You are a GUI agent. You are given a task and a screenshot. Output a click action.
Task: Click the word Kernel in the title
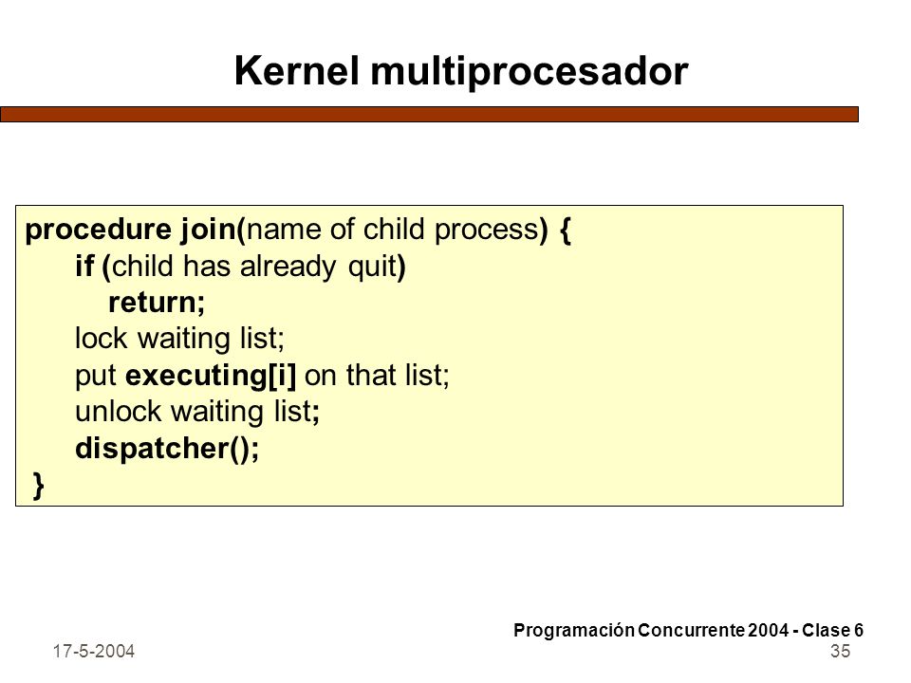pyautogui.click(x=296, y=71)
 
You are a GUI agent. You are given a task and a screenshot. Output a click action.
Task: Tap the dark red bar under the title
pyautogui.click(x=429, y=115)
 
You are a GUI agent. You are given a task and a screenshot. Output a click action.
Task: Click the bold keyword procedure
pyautogui.click(x=98, y=231)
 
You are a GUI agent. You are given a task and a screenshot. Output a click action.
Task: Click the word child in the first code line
pyautogui.click(x=393, y=229)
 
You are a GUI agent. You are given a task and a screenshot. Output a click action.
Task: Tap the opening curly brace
pyautogui.click(x=566, y=231)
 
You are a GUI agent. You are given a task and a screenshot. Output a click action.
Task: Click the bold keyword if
pyautogui.click(x=84, y=266)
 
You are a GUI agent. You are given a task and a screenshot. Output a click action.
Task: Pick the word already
pyautogui.click(x=288, y=268)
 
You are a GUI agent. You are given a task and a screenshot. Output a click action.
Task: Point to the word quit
pyautogui.click(x=372, y=268)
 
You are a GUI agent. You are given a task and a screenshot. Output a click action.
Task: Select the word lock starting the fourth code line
pyautogui.click(x=101, y=339)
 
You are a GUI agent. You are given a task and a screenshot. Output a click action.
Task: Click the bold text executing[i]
pyautogui.click(x=211, y=376)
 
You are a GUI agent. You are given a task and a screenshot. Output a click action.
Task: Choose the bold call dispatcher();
pyautogui.click(x=167, y=449)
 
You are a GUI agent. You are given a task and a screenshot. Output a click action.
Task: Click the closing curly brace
pyautogui.click(x=39, y=486)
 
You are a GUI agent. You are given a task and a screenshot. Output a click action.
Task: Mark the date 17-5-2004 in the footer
pyautogui.click(x=94, y=652)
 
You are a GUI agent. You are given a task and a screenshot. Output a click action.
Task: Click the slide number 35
pyautogui.click(x=840, y=651)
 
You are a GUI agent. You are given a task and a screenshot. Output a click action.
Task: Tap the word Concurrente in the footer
pyautogui.click(x=692, y=630)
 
